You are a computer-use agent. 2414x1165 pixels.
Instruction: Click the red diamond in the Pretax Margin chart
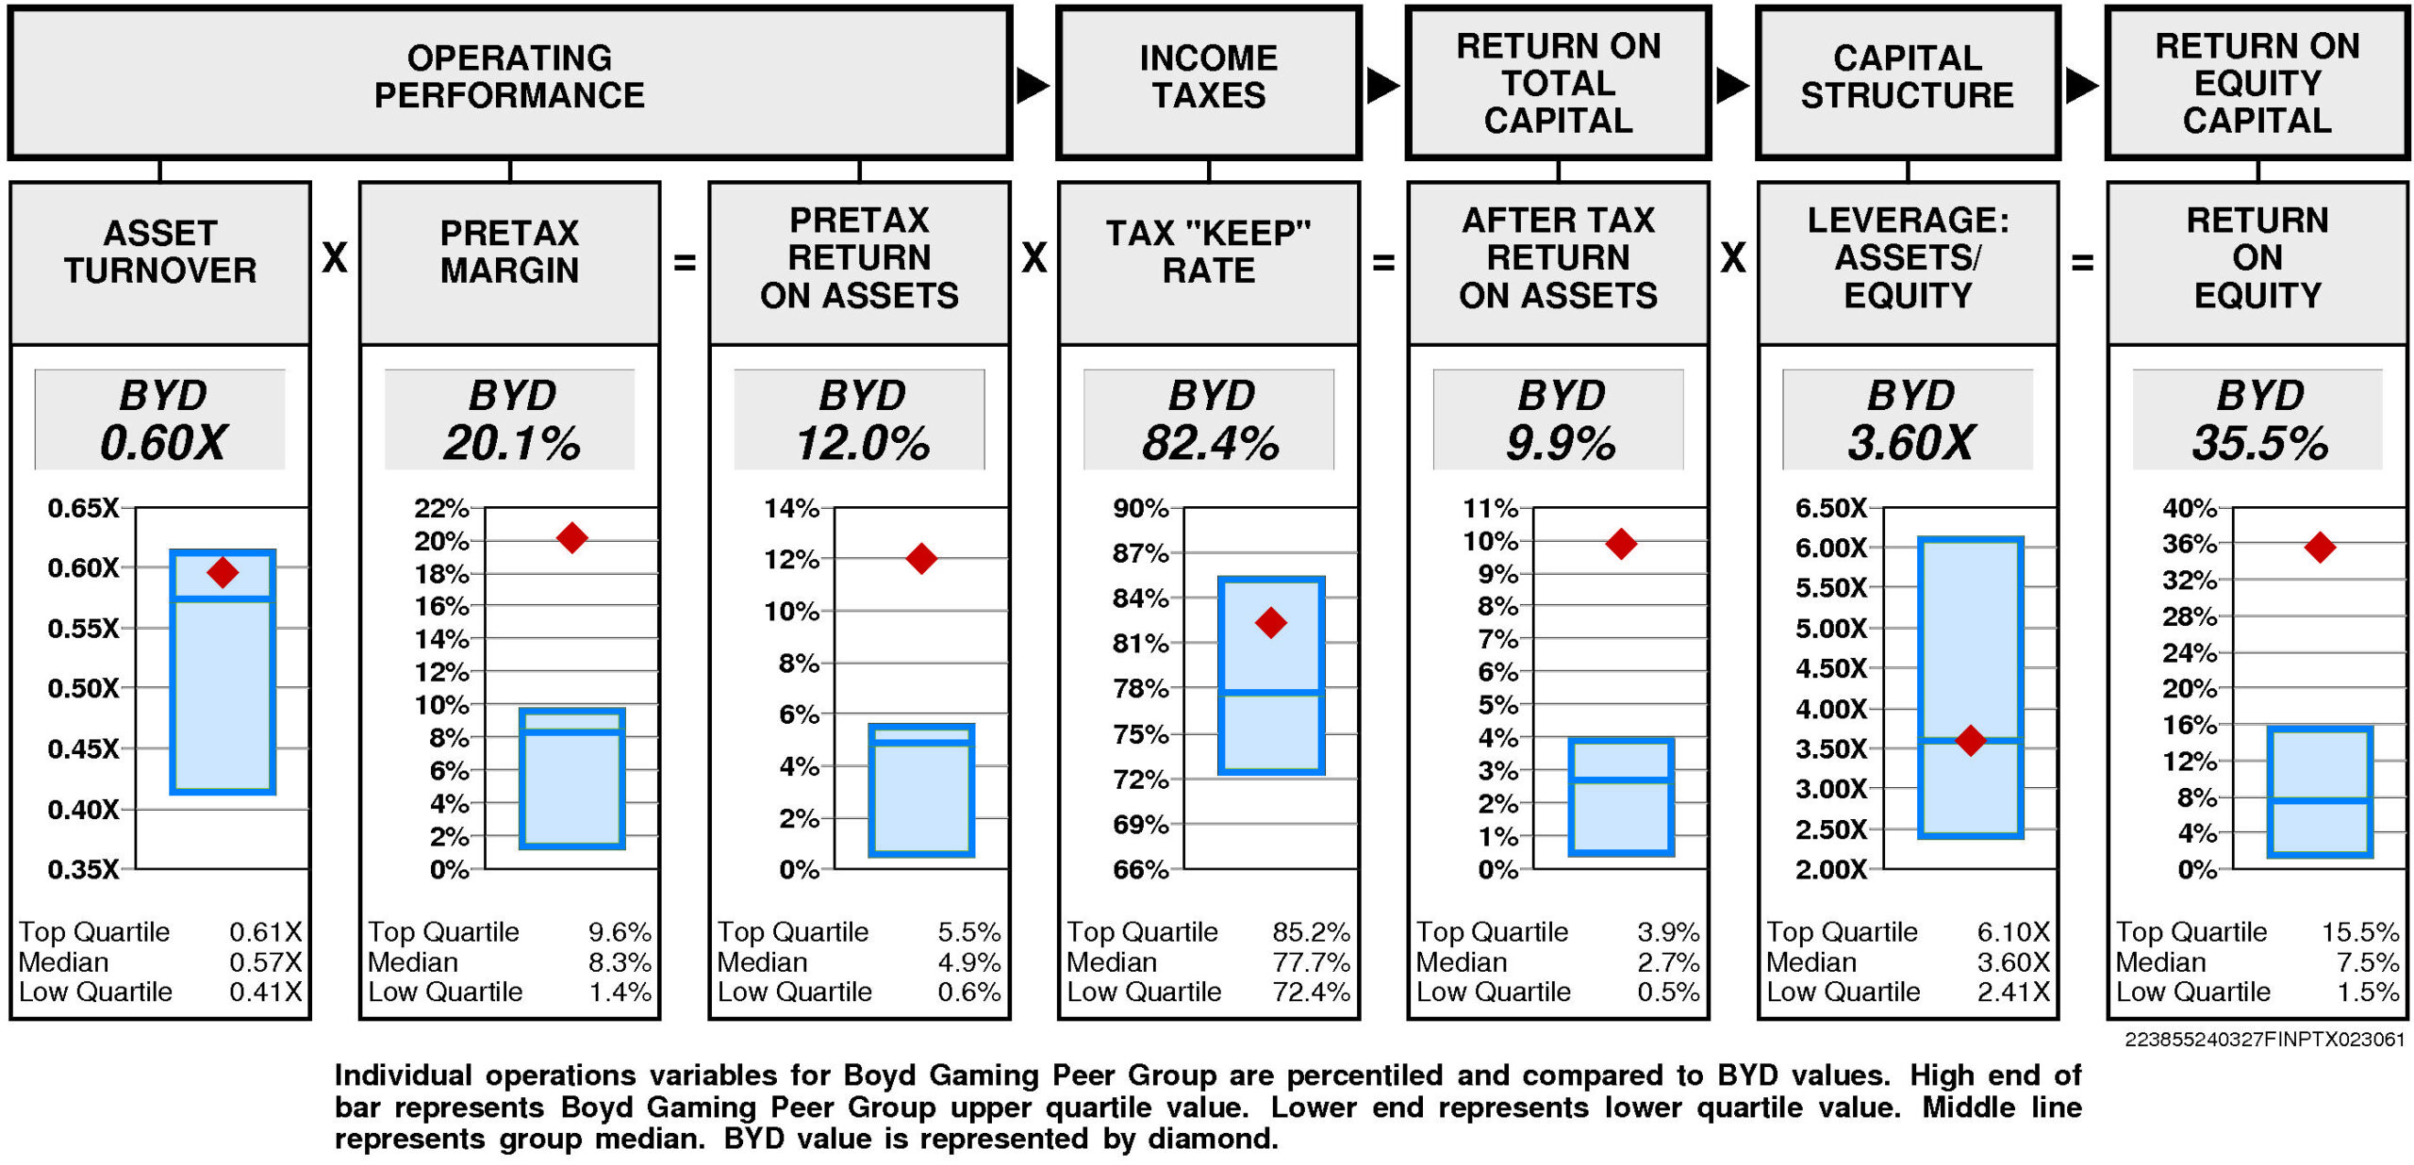(572, 538)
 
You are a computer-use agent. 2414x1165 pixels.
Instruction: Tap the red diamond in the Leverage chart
(1970, 741)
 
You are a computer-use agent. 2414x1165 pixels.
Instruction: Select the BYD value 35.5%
(2259, 443)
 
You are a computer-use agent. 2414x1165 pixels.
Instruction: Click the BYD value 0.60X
(163, 443)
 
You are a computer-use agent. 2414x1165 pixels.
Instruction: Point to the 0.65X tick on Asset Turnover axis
(84, 509)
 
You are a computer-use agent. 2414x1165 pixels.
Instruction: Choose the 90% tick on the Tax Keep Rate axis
(1141, 509)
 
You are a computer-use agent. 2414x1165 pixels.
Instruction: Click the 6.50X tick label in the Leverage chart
(1830, 509)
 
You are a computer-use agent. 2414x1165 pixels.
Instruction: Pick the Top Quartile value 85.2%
(1311, 932)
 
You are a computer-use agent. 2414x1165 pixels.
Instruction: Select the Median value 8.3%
(620, 962)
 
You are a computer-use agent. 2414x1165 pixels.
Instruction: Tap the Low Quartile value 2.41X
(2013, 992)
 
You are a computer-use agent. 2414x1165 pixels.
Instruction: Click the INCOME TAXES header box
(1209, 83)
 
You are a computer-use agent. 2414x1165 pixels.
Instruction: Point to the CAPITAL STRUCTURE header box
(1908, 83)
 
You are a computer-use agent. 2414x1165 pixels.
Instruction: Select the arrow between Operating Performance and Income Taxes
(1033, 86)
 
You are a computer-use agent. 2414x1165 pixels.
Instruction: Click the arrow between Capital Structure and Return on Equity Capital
(2081, 86)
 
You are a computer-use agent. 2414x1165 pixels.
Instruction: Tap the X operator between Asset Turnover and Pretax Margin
(335, 257)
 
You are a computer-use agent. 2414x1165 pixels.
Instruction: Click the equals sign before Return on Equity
(2082, 262)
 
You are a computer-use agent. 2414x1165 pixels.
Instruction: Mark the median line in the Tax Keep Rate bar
(1271, 693)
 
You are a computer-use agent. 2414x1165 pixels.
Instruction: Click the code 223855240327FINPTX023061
(2264, 1039)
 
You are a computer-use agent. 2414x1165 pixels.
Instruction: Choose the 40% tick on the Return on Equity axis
(2189, 509)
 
